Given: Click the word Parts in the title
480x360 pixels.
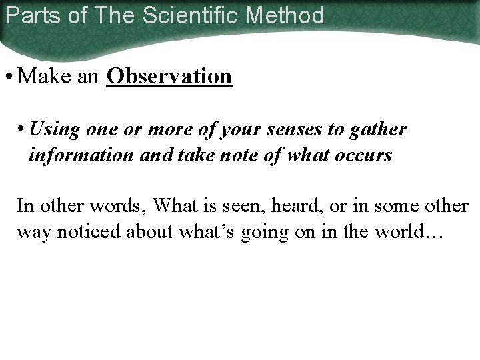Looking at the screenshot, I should [x=26, y=15].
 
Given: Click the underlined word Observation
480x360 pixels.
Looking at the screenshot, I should [x=169, y=77].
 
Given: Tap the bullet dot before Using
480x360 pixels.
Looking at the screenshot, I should [x=22, y=129].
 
